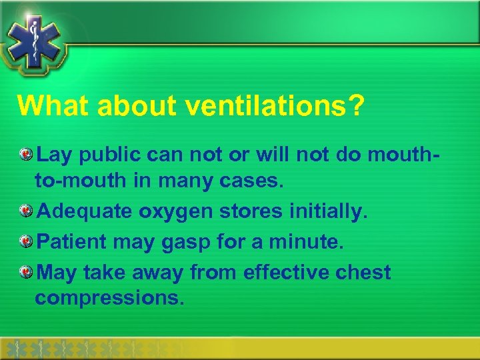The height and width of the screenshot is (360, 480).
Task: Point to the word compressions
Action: (x=109, y=299)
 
